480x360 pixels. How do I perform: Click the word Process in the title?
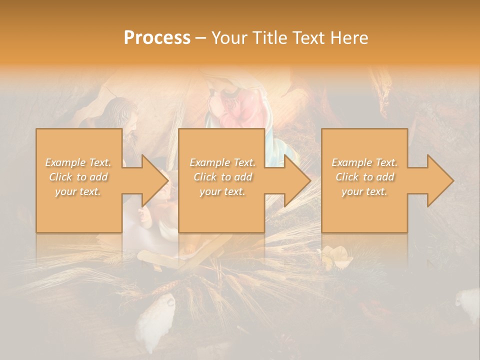pyautogui.click(x=157, y=38)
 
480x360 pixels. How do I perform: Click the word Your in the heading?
pyautogui.click(x=230, y=38)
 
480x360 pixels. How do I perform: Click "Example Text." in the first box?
pyautogui.click(x=78, y=162)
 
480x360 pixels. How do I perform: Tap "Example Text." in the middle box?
pyautogui.click(x=222, y=162)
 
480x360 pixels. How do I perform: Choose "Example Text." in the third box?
pyautogui.click(x=364, y=162)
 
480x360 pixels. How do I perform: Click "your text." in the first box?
pyautogui.click(x=78, y=191)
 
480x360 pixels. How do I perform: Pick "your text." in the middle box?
pyautogui.click(x=222, y=191)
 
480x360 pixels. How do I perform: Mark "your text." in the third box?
pyautogui.click(x=364, y=191)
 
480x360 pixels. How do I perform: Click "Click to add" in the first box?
pyautogui.click(x=78, y=177)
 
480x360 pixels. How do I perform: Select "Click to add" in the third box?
pyautogui.click(x=364, y=177)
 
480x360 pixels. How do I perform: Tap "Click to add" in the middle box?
pyautogui.click(x=222, y=177)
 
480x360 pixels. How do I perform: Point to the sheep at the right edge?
pyautogui.click(x=469, y=303)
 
